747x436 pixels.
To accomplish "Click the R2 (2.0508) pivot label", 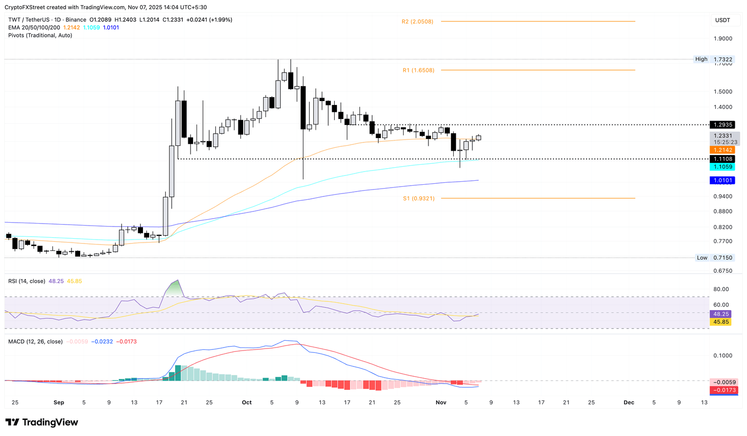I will (x=417, y=21).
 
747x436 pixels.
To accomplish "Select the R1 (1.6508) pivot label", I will (x=418, y=70).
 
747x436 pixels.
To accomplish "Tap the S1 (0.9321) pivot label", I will (x=418, y=198).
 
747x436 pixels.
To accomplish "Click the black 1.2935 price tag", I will (x=722, y=125).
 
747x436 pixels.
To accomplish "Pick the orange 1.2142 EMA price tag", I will (x=722, y=150).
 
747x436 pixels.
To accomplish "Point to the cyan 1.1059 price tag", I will (x=722, y=167).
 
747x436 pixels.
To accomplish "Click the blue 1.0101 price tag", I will (x=722, y=180).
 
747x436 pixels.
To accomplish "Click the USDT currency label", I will (x=722, y=20).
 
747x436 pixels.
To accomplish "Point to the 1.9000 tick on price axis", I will (x=722, y=39).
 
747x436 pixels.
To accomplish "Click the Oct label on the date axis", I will (x=247, y=402).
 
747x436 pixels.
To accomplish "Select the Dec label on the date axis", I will (x=628, y=402).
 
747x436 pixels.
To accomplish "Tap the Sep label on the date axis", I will (x=59, y=402).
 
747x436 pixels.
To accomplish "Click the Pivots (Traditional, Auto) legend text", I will (x=40, y=35).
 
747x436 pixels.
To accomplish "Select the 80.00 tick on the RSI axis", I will (x=721, y=289).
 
